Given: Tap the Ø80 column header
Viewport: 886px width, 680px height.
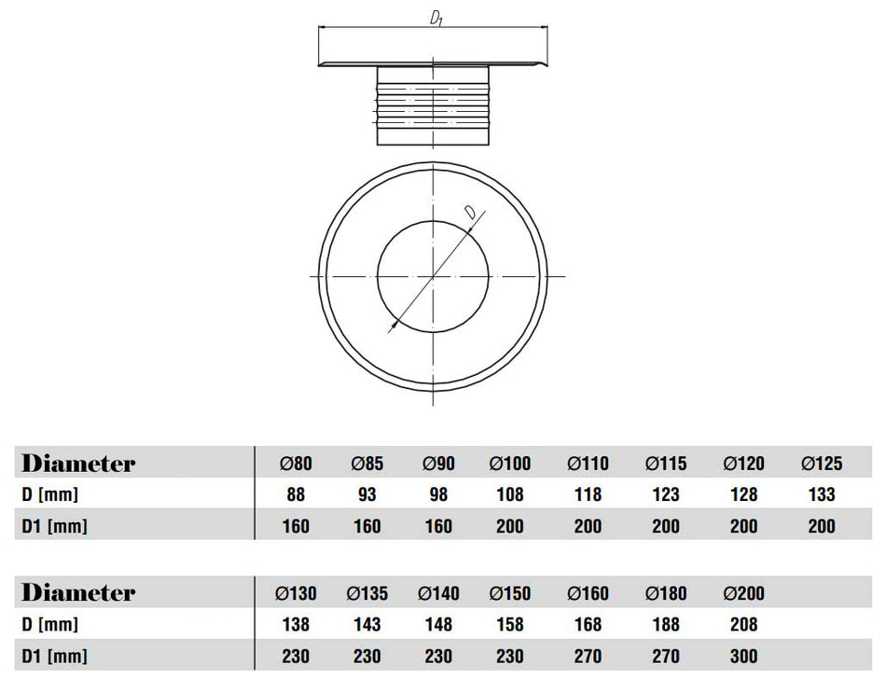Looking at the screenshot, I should pyautogui.click(x=296, y=464).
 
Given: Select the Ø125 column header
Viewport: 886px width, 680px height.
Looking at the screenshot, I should pyautogui.click(x=821, y=464).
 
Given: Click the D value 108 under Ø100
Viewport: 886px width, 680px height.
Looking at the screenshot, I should pyautogui.click(x=510, y=494).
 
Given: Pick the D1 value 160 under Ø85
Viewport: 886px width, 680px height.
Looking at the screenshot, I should pyautogui.click(x=367, y=526).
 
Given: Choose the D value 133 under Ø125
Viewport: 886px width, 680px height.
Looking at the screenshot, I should pyautogui.click(x=821, y=494).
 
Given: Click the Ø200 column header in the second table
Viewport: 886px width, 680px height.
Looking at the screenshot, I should pyautogui.click(x=743, y=593).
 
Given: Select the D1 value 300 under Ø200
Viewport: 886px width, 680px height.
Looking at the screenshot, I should pyautogui.click(x=743, y=656).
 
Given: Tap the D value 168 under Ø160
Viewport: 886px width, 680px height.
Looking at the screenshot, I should pyautogui.click(x=588, y=624).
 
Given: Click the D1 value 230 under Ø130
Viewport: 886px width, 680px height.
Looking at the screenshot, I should pyautogui.click(x=296, y=656).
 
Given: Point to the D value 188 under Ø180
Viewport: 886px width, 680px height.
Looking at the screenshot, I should pyautogui.click(x=665, y=624).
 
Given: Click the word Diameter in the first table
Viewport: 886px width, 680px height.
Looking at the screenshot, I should pyautogui.click(x=78, y=464).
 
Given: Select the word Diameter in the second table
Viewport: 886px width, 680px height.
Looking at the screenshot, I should pyautogui.click(x=78, y=593).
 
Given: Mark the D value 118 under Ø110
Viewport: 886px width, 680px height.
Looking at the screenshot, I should pyautogui.click(x=588, y=494).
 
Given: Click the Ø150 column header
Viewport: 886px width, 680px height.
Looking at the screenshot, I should pyautogui.click(x=510, y=593).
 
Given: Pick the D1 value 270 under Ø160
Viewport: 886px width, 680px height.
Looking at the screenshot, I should pyautogui.click(x=588, y=656).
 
